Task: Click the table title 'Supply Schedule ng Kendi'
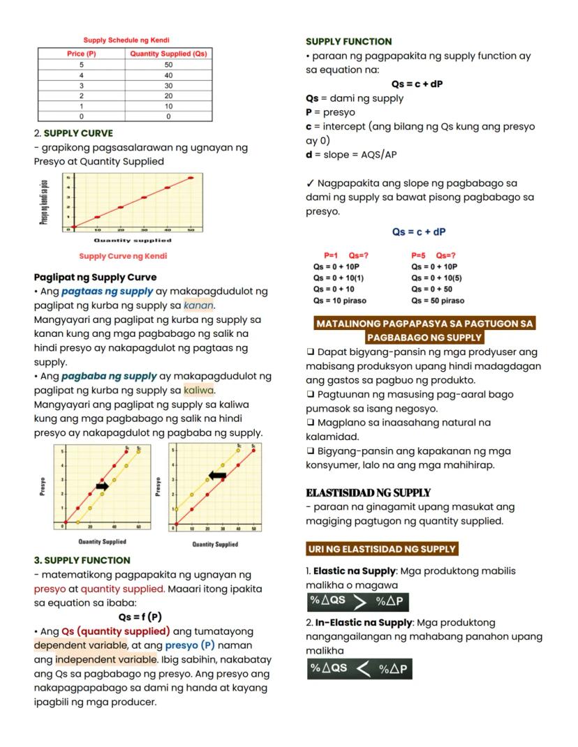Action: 127,40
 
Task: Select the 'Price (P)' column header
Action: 82,54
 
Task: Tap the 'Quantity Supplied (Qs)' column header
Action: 168,54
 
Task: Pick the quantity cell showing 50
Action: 168,64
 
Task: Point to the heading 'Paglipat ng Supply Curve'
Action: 95,277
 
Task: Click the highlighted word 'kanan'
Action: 198,305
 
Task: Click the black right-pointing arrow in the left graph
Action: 103,486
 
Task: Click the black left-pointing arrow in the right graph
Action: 218,475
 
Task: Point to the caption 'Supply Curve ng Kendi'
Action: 123,256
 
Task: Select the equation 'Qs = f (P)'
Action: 140,617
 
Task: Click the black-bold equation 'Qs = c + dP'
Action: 417,84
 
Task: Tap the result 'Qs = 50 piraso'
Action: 438,301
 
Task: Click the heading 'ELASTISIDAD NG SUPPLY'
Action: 368,492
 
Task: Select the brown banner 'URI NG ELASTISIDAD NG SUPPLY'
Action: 382,549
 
